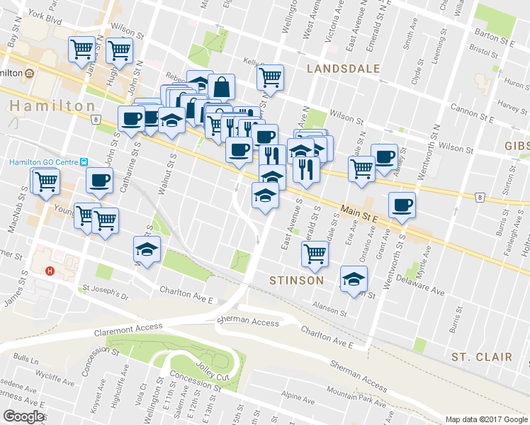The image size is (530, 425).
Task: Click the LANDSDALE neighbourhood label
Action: point(344,69)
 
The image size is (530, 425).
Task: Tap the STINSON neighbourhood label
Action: point(297,280)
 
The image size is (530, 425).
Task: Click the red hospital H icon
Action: point(50,271)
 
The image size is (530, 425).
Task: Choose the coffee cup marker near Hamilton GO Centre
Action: point(99,180)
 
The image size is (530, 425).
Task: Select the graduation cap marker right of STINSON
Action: point(354,278)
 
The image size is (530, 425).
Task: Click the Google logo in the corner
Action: point(23,416)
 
